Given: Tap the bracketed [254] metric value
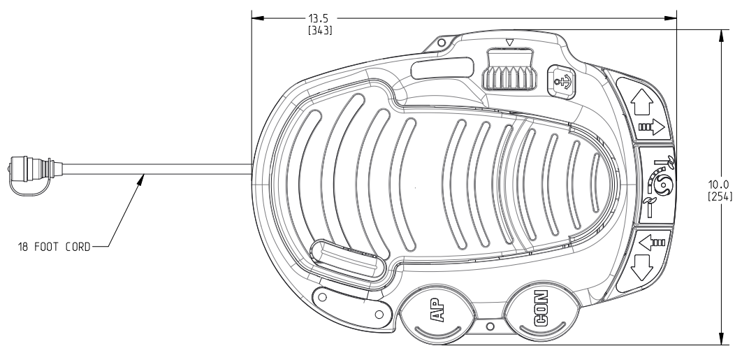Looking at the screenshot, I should (x=719, y=196).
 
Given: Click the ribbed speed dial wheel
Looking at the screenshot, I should (x=509, y=70).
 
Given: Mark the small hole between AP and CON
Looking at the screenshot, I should (x=490, y=326).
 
